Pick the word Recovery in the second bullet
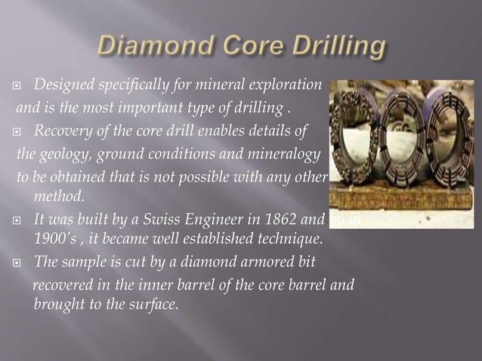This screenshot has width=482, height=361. click(65, 132)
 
